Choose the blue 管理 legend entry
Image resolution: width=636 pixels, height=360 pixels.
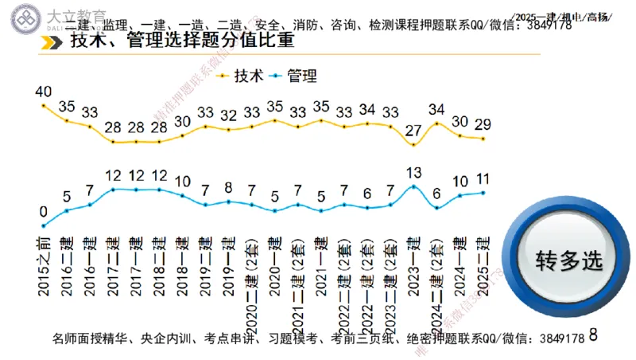click(293, 76)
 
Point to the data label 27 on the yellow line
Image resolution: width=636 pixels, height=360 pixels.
click(413, 131)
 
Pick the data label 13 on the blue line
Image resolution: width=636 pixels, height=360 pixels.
click(413, 173)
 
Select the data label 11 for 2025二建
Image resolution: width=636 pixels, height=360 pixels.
click(483, 178)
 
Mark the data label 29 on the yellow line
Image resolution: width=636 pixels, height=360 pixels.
click(483, 124)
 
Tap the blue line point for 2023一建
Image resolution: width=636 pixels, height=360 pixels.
click(413, 186)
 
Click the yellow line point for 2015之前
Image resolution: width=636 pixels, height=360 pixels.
click(43, 105)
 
